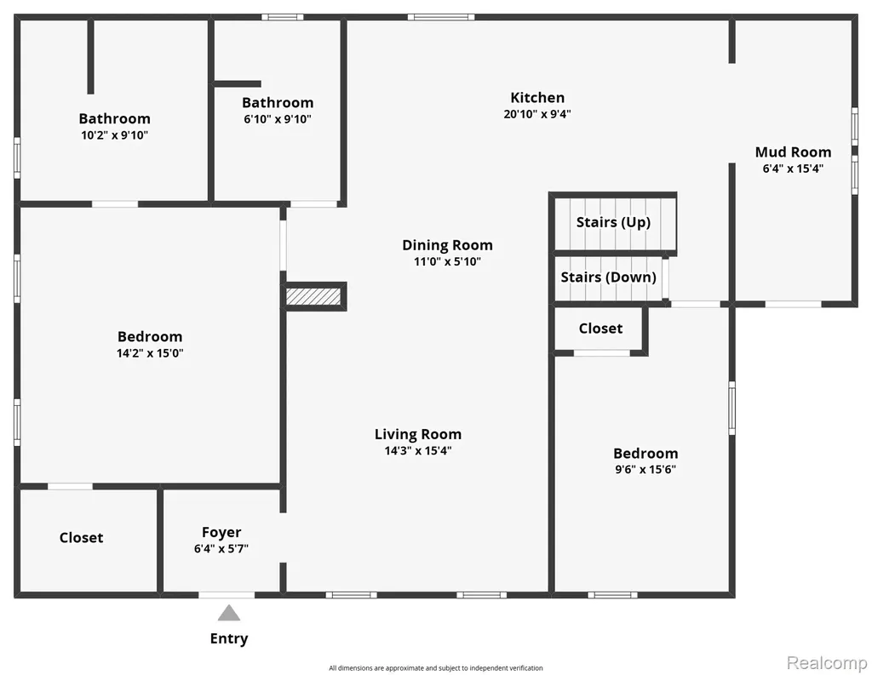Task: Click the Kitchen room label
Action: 537,98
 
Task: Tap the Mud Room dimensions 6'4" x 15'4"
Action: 793,169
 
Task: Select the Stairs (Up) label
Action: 613,222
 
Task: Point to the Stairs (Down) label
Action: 608,277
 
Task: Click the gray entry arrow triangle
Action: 228,613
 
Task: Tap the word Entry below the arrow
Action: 228,639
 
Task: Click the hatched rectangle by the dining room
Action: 313,296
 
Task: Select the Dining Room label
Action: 447,245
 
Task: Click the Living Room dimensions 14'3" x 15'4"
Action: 417,450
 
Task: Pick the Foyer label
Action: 221,533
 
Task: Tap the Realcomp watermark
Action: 827,662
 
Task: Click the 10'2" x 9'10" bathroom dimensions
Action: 115,135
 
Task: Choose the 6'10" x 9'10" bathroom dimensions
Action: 278,119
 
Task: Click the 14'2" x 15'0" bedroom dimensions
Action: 150,353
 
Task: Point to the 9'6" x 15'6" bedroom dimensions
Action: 645,469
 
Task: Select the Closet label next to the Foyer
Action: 81,538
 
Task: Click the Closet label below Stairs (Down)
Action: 600,329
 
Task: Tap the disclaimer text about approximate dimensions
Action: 435,668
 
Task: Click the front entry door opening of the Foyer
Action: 227,595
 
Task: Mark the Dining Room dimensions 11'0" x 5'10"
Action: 447,261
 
